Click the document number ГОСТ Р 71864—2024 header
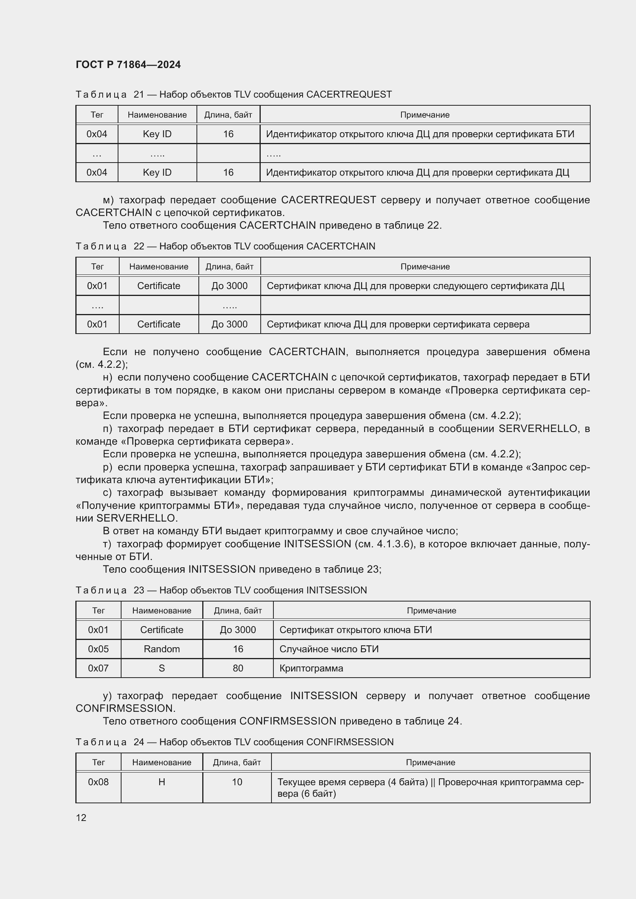(x=128, y=65)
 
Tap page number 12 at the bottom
(x=81, y=818)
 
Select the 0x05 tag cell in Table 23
(x=98, y=649)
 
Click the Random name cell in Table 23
(x=161, y=649)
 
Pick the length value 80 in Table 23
(x=238, y=668)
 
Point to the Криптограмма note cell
(x=311, y=668)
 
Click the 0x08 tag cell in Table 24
(x=98, y=782)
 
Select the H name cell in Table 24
(x=161, y=782)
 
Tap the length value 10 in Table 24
(x=237, y=782)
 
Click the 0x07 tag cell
(x=98, y=668)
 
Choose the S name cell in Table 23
(x=161, y=668)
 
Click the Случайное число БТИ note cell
(x=329, y=649)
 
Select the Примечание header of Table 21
(x=425, y=115)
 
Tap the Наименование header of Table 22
(x=158, y=267)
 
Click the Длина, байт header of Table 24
(x=236, y=762)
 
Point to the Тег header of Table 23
(x=98, y=610)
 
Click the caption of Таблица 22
(x=225, y=246)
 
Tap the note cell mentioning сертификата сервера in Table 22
(x=398, y=324)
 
